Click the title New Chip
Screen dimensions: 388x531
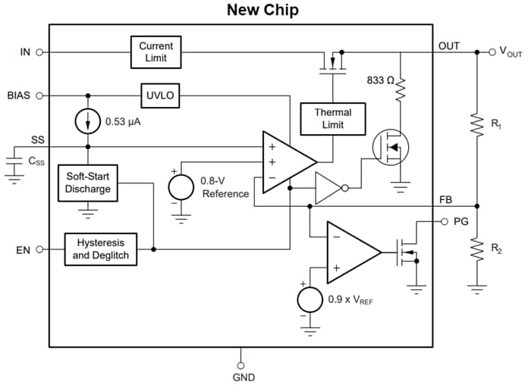262,11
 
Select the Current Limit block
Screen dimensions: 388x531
156,52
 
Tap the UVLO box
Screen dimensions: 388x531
160,95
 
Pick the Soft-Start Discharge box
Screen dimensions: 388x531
88,183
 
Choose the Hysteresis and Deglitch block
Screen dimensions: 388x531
101,249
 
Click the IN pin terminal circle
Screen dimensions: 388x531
39,52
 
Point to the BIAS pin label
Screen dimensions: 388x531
19,95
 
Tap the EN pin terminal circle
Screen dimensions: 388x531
39,249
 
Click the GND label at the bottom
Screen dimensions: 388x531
244,377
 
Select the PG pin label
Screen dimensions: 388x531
460,222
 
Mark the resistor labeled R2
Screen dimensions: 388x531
477,248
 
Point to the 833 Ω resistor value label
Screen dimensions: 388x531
379,80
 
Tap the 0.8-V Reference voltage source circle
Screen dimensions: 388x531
181,186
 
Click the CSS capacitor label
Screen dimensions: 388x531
36,161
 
